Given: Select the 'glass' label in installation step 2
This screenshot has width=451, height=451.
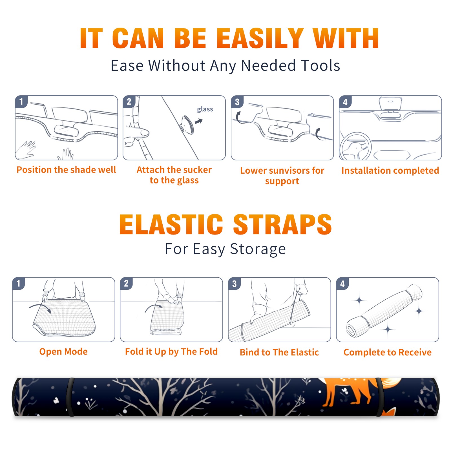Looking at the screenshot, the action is pyautogui.click(x=205, y=109).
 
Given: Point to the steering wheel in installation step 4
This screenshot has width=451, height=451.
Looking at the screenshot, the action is pyautogui.click(x=355, y=146).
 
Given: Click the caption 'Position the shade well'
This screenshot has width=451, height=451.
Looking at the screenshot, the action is pyautogui.click(x=66, y=170).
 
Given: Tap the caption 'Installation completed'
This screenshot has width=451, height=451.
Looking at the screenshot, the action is pyautogui.click(x=390, y=171).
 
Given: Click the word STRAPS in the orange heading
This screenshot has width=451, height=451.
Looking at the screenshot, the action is pyautogui.click(x=282, y=224).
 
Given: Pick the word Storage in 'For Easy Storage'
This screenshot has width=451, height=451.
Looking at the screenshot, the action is pyautogui.click(x=258, y=249).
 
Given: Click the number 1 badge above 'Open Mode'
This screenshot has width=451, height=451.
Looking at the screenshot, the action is pyautogui.click(x=19, y=283).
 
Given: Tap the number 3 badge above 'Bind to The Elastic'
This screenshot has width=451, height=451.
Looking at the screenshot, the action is pyautogui.click(x=235, y=284).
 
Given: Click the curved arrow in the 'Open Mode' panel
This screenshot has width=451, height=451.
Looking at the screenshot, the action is pyautogui.click(x=40, y=308).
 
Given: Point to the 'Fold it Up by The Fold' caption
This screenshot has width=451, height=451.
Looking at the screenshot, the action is pyautogui.click(x=171, y=351).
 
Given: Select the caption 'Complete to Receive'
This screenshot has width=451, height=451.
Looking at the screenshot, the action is pyautogui.click(x=388, y=352).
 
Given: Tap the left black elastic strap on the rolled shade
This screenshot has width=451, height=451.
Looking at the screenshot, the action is pyautogui.click(x=70, y=397).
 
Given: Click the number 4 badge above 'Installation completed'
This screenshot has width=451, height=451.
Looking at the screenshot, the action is pyautogui.click(x=345, y=102).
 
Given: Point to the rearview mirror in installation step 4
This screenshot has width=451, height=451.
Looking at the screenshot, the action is pyautogui.click(x=390, y=104).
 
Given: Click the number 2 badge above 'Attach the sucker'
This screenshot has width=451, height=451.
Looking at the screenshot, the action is pyautogui.click(x=129, y=102).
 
